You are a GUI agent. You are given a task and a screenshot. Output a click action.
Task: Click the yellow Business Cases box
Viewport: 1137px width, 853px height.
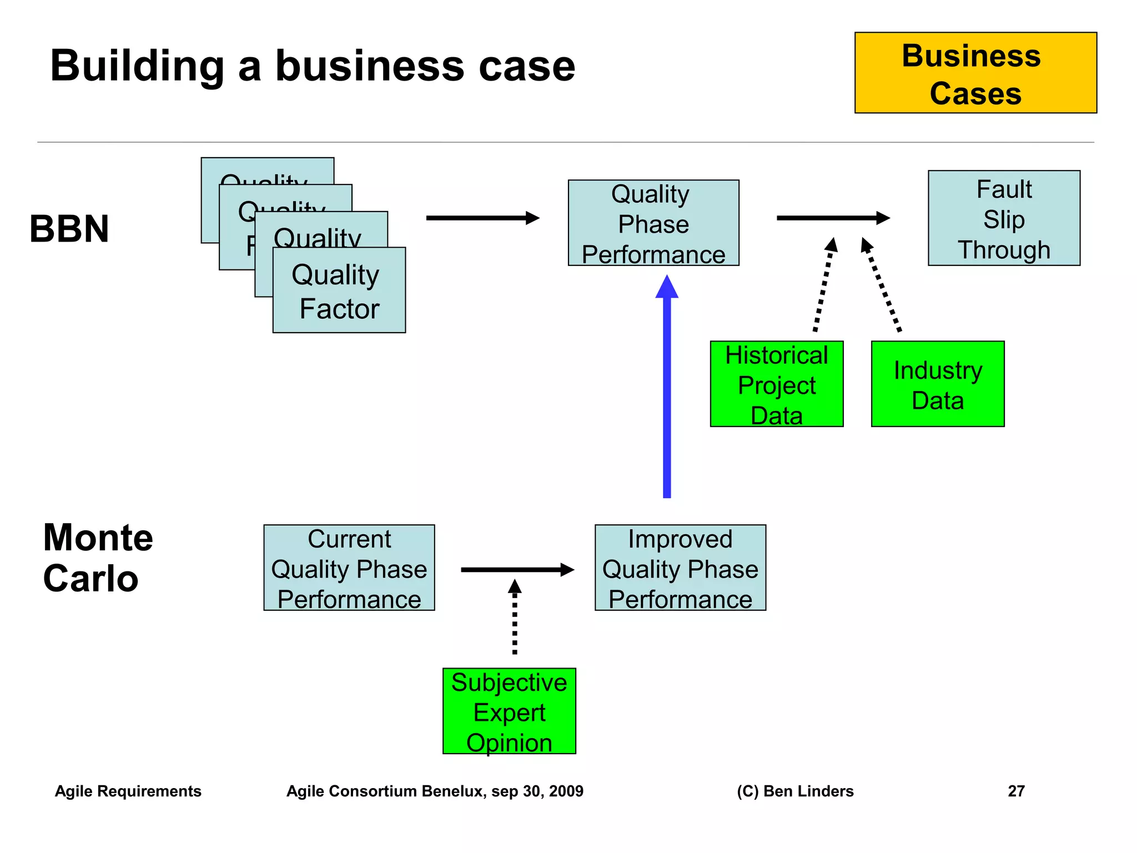click(975, 73)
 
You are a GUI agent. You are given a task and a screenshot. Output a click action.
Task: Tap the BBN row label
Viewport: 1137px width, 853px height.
click(69, 229)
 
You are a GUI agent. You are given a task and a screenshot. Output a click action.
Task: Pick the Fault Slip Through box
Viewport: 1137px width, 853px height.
click(1004, 218)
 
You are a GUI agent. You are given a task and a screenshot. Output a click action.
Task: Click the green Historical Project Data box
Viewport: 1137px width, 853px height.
click(776, 384)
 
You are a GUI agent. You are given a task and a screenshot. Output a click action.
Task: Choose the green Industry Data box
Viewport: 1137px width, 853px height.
click(938, 384)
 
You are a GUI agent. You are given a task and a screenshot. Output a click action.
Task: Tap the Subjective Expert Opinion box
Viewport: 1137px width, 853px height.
click(509, 711)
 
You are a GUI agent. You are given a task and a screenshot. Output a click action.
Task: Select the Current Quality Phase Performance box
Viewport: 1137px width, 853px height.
click(349, 568)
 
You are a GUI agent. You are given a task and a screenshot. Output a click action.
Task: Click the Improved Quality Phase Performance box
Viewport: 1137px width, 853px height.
click(680, 568)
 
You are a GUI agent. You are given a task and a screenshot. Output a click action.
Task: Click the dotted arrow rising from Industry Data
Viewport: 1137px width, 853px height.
click(882, 286)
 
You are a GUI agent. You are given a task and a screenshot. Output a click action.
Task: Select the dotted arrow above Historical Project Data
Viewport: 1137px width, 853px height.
click(823, 286)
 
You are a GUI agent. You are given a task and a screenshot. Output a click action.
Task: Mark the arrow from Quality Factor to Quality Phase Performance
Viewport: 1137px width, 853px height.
click(482, 218)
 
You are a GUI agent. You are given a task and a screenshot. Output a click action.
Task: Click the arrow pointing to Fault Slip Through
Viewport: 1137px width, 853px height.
click(832, 218)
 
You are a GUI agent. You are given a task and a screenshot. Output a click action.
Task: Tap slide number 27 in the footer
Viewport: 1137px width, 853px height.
click(1016, 791)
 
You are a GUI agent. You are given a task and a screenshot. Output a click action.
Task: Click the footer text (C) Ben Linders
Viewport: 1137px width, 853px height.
click(795, 791)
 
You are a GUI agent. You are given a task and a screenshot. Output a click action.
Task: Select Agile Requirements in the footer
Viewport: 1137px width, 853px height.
click(128, 791)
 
